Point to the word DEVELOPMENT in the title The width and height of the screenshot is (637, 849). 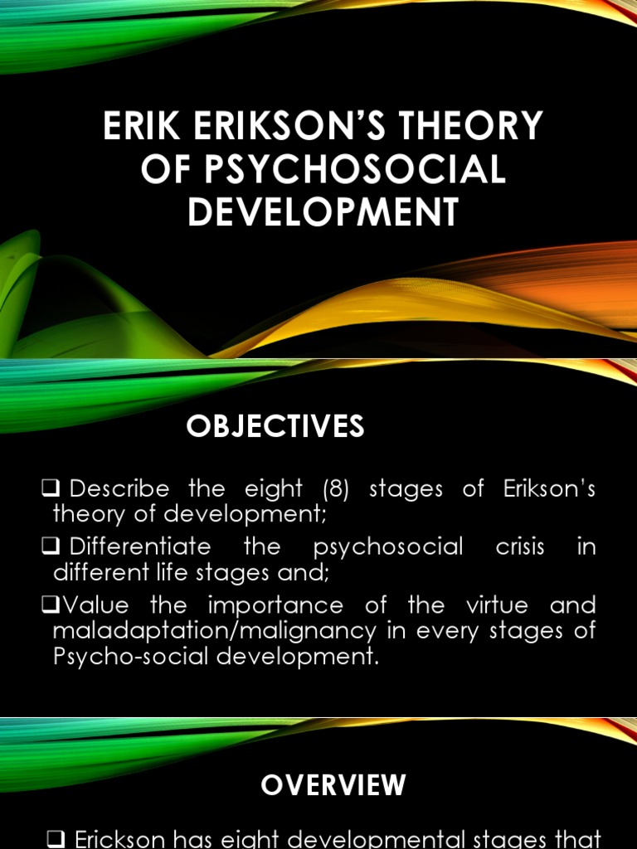323,212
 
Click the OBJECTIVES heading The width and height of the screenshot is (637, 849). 275,426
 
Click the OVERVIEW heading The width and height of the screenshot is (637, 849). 334,784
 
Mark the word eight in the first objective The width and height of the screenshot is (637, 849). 273,488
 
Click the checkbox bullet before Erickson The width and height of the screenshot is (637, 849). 56,838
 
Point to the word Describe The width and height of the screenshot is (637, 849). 119,488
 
